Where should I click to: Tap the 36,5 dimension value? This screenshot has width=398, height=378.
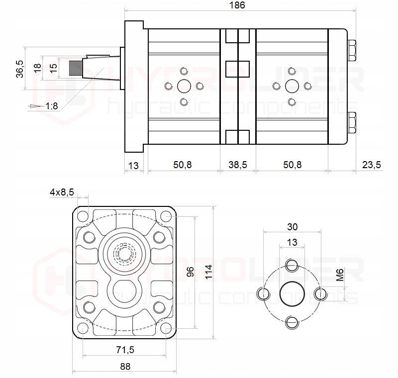(x=19, y=69)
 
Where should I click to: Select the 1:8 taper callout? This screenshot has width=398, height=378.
(x=51, y=106)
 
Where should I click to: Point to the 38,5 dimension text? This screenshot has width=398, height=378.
(x=237, y=165)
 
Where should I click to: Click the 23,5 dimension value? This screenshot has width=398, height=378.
(x=371, y=165)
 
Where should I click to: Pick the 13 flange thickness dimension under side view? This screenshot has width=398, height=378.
(x=133, y=165)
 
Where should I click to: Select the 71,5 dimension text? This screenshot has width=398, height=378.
(x=124, y=350)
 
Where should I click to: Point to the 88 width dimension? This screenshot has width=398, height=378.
(x=125, y=367)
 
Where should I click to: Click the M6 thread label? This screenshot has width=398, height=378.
(x=340, y=275)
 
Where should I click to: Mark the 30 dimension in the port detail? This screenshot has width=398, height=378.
(x=292, y=227)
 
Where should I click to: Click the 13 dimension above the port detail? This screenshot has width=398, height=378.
(x=292, y=242)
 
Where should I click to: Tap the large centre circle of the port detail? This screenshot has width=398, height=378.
(x=292, y=293)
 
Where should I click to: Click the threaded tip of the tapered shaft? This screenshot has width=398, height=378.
(x=75, y=68)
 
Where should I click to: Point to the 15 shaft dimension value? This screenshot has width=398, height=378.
(x=54, y=66)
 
